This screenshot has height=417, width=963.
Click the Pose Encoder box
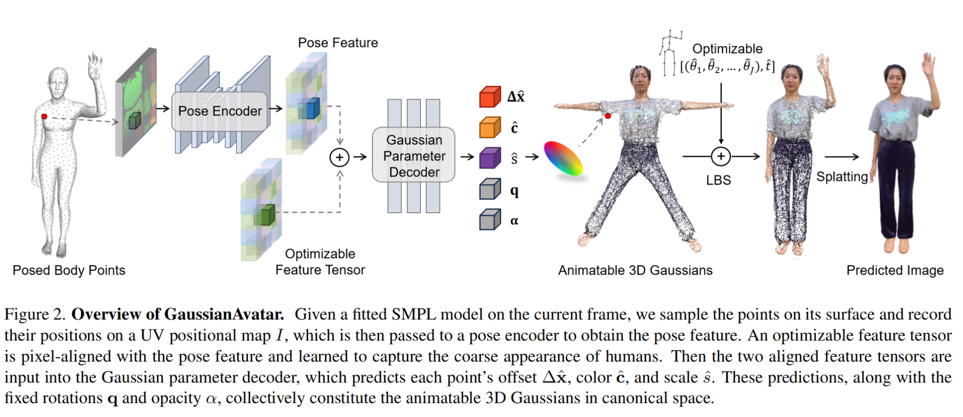pyautogui.click(x=220, y=112)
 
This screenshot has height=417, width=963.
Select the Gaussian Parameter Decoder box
pyautogui.click(x=414, y=155)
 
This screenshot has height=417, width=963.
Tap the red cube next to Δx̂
pyautogui.click(x=490, y=97)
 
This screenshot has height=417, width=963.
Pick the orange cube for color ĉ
pyautogui.click(x=490, y=127)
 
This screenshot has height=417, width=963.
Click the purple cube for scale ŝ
pyautogui.click(x=490, y=158)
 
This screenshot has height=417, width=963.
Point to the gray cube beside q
pyautogui.click(x=490, y=189)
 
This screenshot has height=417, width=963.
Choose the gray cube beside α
pyautogui.click(x=490, y=220)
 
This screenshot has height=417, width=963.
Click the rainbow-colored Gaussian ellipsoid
pyautogui.click(x=563, y=159)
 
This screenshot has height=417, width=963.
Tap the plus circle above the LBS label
pyautogui.click(x=720, y=156)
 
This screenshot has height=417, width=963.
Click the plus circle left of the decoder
pyautogui.click(x=339, y=157)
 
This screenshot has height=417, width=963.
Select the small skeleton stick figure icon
pyautogui.click(x=668, y=52)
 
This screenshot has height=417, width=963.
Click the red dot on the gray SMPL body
pyautogui.click(x=44, y=116)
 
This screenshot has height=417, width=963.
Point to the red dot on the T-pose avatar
pyautogui.click(x=608, y=116)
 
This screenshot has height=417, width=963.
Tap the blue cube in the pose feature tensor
pyautogui.click(x=309, y=109)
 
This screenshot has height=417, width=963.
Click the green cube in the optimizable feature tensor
pyautogui.click(x=264, y=215)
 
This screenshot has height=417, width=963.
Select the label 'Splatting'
pyautogui.click(x=841, y=177)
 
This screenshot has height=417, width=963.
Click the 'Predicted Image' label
pyautogui.click(x=895, y=270)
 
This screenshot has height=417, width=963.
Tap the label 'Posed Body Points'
pyautogui.click(x=69, y=270)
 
